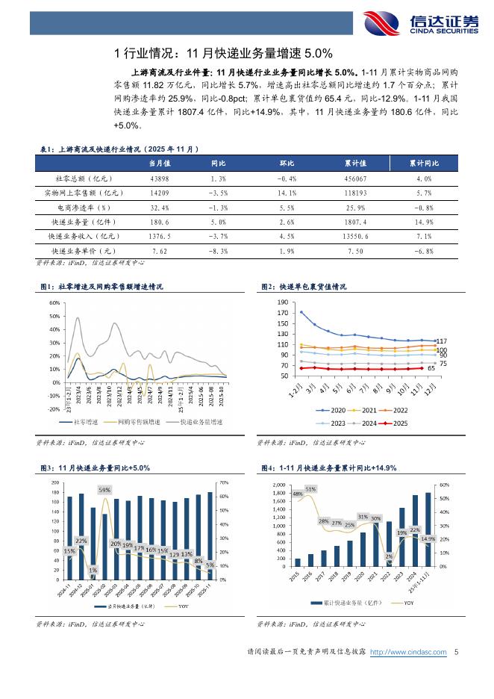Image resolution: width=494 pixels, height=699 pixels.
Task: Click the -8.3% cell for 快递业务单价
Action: [219, 252]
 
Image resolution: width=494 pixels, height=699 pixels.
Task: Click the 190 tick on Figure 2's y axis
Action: [282, 302]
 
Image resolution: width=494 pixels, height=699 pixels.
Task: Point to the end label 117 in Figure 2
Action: [441, 341]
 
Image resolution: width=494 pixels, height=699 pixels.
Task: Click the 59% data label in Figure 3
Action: [104, 490]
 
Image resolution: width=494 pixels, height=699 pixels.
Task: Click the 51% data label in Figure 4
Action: [310, 489]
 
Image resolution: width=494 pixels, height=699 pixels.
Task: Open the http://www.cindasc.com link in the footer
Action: [409, 653]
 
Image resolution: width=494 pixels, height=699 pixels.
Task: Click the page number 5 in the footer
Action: [455, 653]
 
